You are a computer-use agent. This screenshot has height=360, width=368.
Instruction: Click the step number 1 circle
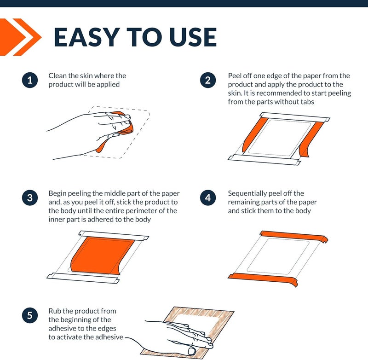[30, 80]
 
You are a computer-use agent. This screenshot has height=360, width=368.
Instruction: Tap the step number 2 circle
[208, 80]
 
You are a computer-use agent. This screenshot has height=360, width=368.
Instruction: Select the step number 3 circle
[30, 198]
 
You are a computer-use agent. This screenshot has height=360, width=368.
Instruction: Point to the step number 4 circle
[208, 198]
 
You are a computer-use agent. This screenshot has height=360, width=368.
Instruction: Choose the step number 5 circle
[30, 315]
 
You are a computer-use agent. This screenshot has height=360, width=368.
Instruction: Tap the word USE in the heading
[193, 37]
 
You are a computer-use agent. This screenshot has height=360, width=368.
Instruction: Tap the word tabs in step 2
[306, 102]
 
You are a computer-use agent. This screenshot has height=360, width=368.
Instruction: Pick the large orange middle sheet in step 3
[102, 255]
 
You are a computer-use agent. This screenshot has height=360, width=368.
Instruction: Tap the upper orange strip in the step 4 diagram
[293, 236]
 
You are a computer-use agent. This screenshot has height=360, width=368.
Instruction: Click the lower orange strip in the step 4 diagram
[263, 278]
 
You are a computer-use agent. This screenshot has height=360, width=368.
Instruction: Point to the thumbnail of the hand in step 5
[192, 351]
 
